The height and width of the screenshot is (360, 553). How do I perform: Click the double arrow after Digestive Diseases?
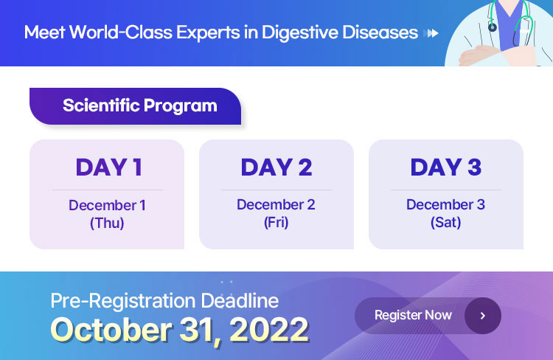pos(433,33)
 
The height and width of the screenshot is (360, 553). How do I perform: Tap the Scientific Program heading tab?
pos(136,106)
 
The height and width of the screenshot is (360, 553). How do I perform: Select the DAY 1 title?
pos(109,167)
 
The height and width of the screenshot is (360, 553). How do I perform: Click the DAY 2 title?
pos(276,167)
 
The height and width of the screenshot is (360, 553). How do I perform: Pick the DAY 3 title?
pos(446,167)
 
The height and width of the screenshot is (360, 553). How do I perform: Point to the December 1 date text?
pos(107,205)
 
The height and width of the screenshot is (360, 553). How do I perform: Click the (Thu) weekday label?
pos(107,223)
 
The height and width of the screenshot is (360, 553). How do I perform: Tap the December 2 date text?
pos(276,204)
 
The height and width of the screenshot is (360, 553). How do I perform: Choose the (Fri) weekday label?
pos(276,222)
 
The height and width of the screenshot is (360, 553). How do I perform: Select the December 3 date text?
pos(445,204)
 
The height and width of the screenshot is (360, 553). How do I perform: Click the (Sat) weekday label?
pos(446,222)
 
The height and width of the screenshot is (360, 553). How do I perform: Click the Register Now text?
pos(413,315)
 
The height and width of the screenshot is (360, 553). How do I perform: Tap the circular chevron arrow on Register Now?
pos(483,316)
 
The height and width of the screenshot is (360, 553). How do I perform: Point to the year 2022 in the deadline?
pos(269,330)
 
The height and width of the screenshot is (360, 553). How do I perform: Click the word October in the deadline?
pos(111,329)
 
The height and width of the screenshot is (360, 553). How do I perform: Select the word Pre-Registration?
pos(123,301)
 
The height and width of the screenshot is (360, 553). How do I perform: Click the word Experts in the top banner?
pos(208,32)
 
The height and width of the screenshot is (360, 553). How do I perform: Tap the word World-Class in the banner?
pos(120,32)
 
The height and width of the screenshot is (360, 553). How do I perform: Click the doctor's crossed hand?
pos(476,56)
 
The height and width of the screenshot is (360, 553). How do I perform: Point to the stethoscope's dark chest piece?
pos(493,27)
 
